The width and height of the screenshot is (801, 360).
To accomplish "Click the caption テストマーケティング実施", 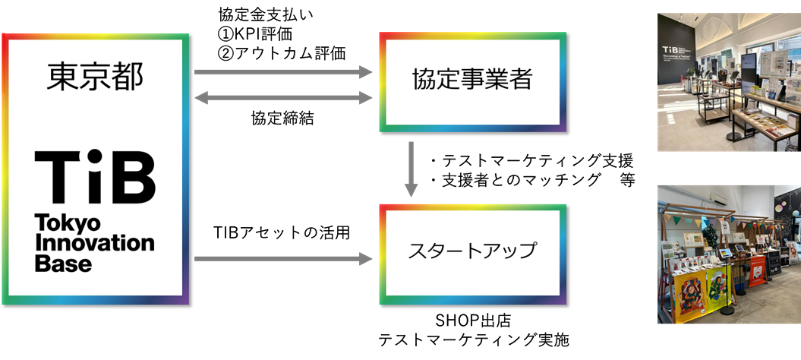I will click(474, 339).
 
